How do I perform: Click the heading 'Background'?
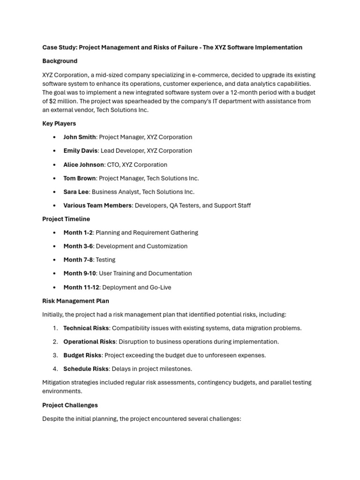click(x=60, y=61)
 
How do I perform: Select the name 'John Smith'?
click(x=79, y=137)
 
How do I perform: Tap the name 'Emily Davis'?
click(x=80, y=151)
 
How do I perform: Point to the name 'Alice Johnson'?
click(x=83, y=165)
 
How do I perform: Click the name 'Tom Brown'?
click(x=79, y=178)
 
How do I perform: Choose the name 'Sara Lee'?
click(x=76, y=192)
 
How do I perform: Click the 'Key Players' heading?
click(x=59, y=124)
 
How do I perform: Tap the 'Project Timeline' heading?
click(x=66, y=219)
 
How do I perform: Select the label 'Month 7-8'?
click(x=78, y=260)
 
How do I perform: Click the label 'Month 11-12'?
click(x=81, y=287)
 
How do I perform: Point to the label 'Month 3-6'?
click(x=78, y=246)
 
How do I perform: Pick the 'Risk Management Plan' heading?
click(x=75, y=301)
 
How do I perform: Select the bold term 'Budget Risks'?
click(x=82, y=355)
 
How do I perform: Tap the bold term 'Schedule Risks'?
click(x=85, y=369)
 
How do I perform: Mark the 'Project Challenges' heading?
click(x=70, y=405)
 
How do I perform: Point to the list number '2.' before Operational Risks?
click(x=55, y=342)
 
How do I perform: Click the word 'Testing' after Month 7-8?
click(x=105, y=260)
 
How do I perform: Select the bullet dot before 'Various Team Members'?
click(x=55, y=206)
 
